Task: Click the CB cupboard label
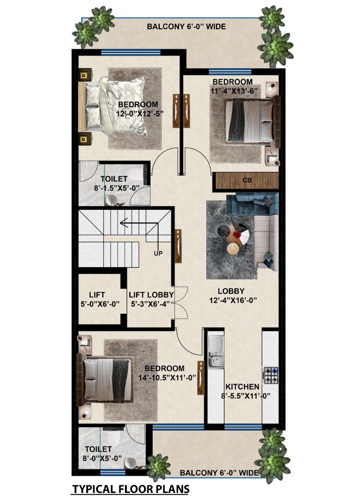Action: pos(247,180)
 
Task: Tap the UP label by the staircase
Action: pos(158,254)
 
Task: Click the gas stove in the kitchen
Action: pos(271,375)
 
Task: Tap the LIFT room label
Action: pos(97,295)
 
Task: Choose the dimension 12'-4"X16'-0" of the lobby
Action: pos(233,300)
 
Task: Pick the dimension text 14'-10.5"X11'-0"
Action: pos(167,377)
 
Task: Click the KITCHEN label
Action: pos(242,387)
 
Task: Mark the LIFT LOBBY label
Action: pos(151,295)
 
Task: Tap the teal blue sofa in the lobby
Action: pos(252,205)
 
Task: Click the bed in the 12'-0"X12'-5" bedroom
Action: pos(112,107)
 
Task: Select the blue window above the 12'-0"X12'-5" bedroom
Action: pos(130,52)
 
